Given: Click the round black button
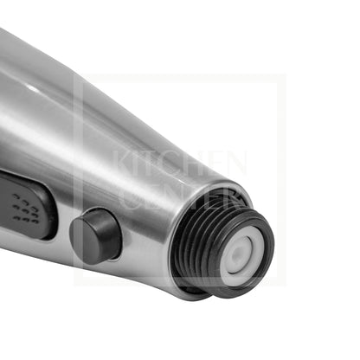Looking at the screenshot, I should point(95,236).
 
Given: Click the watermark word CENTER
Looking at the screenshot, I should point(180,196).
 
